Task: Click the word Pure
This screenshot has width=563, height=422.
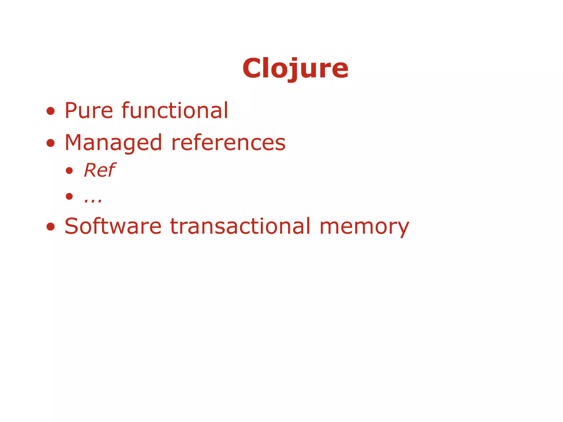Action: point(89,110)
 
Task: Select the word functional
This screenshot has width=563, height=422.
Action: point(175,110)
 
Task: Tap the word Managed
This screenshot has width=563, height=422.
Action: point(113,143)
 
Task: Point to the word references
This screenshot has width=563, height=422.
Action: point(228,143)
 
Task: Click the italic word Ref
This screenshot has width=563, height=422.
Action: point(100,170)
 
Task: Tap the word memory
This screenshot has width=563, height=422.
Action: point(364,227)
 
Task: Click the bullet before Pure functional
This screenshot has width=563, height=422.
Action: point(51,111)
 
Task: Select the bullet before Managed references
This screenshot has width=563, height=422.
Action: point(51,143)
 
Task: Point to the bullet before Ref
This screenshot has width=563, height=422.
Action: point(69,171)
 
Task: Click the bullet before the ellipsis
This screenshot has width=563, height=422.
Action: point(69,196)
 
